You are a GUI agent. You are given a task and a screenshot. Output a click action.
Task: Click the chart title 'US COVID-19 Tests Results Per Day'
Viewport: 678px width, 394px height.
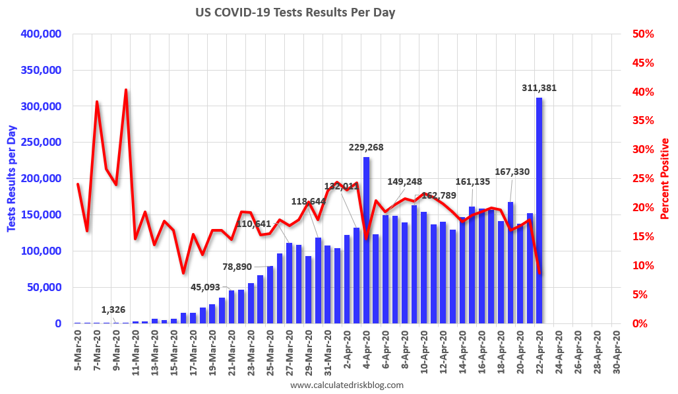(295, 13)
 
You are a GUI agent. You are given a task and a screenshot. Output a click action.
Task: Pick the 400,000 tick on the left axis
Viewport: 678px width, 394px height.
(43, 34)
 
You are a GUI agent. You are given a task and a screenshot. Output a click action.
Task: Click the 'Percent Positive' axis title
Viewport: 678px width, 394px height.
(664, 178)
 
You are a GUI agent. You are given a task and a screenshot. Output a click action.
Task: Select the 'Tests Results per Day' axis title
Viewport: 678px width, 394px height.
(12, 178)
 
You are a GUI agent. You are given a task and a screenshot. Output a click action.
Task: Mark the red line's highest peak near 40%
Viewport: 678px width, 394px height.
(125, 90)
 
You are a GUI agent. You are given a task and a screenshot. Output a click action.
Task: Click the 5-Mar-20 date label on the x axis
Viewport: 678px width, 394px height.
(78, 347)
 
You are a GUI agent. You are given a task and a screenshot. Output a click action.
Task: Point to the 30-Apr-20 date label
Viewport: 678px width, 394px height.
(615, 347)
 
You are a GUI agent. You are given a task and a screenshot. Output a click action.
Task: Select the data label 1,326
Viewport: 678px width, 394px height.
(113, 309)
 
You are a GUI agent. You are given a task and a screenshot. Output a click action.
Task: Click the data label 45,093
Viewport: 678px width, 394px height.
(206, 286)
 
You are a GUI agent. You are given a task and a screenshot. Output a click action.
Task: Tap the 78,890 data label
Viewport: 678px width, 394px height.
(235, 266)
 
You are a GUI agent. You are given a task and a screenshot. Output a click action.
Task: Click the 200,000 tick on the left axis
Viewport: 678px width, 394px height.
(43, 178)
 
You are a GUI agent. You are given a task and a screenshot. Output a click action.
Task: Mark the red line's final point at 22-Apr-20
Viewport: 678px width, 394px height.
(539, 273)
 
